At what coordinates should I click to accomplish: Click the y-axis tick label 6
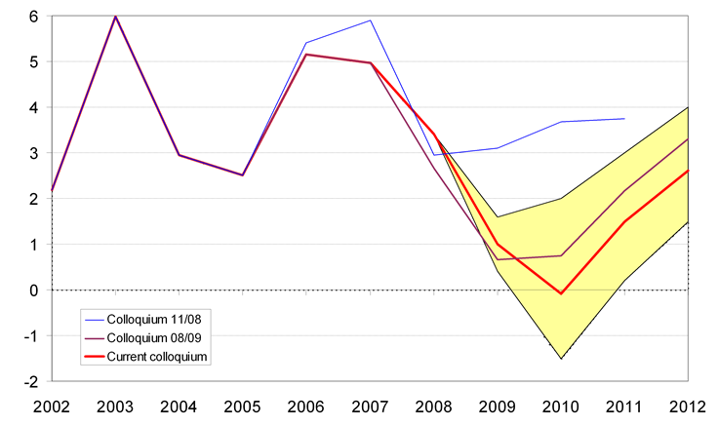pos(33,17)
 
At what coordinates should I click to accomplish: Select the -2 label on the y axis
pos(30,381)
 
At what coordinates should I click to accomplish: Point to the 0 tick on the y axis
pos(33,290)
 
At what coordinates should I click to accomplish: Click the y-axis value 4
pos(33,107)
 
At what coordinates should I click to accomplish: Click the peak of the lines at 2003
pos(116,17)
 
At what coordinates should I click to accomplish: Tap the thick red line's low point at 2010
pos(561,293)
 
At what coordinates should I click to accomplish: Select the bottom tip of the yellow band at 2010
pos(561,359)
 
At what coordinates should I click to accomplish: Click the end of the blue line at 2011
pos(624,119)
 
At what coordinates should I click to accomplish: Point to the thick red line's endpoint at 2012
pos(688,171)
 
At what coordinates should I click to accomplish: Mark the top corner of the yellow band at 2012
pos(688,107)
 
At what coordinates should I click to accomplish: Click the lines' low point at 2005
pos(243,175)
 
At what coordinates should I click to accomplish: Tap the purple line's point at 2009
pos(498,259)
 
